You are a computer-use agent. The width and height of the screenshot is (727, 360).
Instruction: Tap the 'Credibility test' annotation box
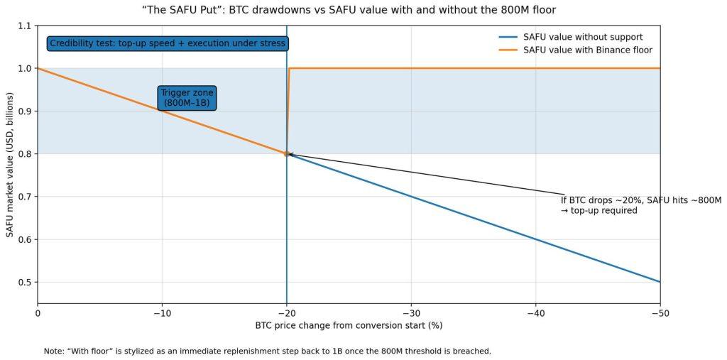[168, 43]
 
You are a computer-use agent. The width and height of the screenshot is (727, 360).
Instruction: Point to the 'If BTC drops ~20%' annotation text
[641, 205]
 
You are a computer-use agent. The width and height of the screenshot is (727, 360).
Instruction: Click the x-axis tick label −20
[286, 312]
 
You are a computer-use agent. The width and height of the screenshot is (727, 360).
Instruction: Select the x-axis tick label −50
[660, 312]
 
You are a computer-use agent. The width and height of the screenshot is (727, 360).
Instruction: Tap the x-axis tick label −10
[162, 312]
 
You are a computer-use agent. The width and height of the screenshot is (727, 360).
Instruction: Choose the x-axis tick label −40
[535, 312]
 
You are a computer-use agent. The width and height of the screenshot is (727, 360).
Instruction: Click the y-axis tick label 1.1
[26, 26]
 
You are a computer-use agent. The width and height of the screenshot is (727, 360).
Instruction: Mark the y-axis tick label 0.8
[26, 154]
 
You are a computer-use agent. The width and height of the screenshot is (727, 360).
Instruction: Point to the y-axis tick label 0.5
[26, 282]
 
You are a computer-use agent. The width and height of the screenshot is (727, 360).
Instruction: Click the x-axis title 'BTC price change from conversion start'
[349, 326]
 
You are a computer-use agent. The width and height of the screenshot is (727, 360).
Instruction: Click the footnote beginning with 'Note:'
[267, 351]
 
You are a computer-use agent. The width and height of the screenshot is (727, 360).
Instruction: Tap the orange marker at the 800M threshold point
[287, 153]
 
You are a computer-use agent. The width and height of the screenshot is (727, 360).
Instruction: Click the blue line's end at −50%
[660, 282]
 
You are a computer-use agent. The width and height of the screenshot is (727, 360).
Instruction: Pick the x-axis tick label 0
[38, 312]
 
